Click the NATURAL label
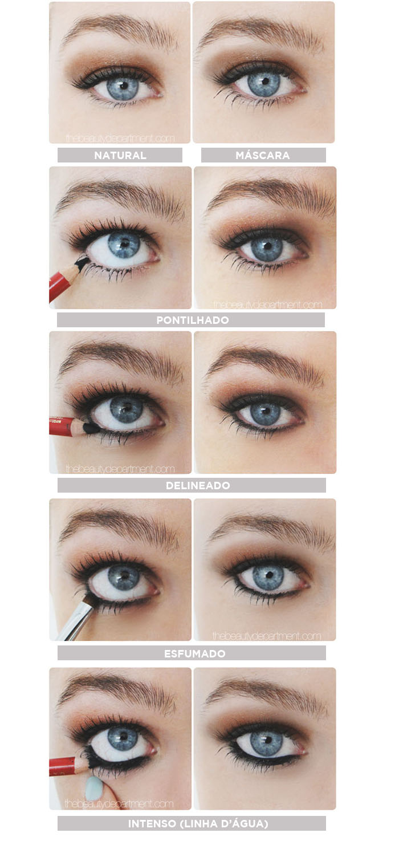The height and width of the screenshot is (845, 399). point(120,155)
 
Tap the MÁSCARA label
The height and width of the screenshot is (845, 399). point(262,155)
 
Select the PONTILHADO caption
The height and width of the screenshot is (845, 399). point(193,320)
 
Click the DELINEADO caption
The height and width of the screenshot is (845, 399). point(198,485)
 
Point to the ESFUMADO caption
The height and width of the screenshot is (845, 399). point(194,653)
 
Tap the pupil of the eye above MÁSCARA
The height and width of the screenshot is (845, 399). point(265,81)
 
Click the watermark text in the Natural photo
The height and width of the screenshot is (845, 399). point(120,139)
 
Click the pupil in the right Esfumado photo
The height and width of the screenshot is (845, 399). point(268,575)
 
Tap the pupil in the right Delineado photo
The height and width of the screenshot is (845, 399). point(266,409)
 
